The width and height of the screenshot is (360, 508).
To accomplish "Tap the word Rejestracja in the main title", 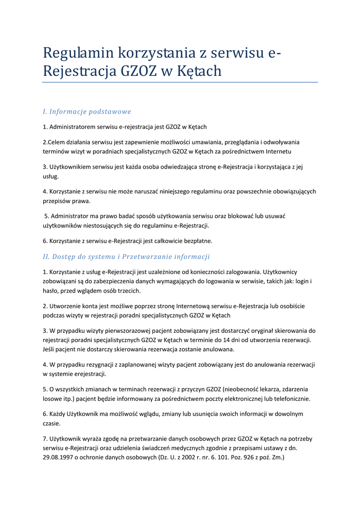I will click(x=79, y=71).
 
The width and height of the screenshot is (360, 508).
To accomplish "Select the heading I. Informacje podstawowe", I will click(x=87, y=112).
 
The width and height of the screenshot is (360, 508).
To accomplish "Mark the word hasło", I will click(x=50, y=291).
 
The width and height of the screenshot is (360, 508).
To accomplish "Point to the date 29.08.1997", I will click(x=59, y=457).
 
